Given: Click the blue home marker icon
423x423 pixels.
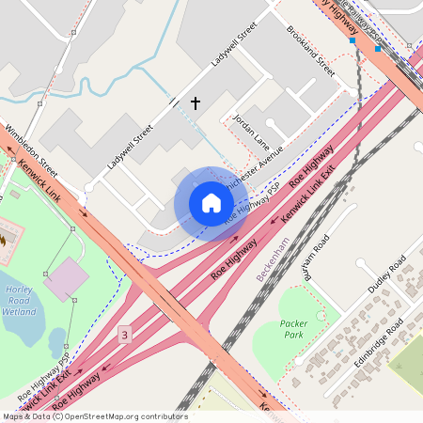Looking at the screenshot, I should click(x=211, y=203).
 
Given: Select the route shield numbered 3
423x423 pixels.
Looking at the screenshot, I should click(x=126, y=335).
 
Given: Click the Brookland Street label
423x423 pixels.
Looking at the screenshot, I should click(x=310, y=51).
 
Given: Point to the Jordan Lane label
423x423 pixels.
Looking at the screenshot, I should click(x=251, y=133).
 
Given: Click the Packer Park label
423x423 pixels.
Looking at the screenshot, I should click(x=293, y=329).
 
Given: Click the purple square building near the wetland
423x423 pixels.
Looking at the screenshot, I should click(x=64, y=280).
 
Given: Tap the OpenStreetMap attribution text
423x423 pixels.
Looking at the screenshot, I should click(x=94, y=416).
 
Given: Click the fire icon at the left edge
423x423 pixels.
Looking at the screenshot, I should click(x=4, y=239).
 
